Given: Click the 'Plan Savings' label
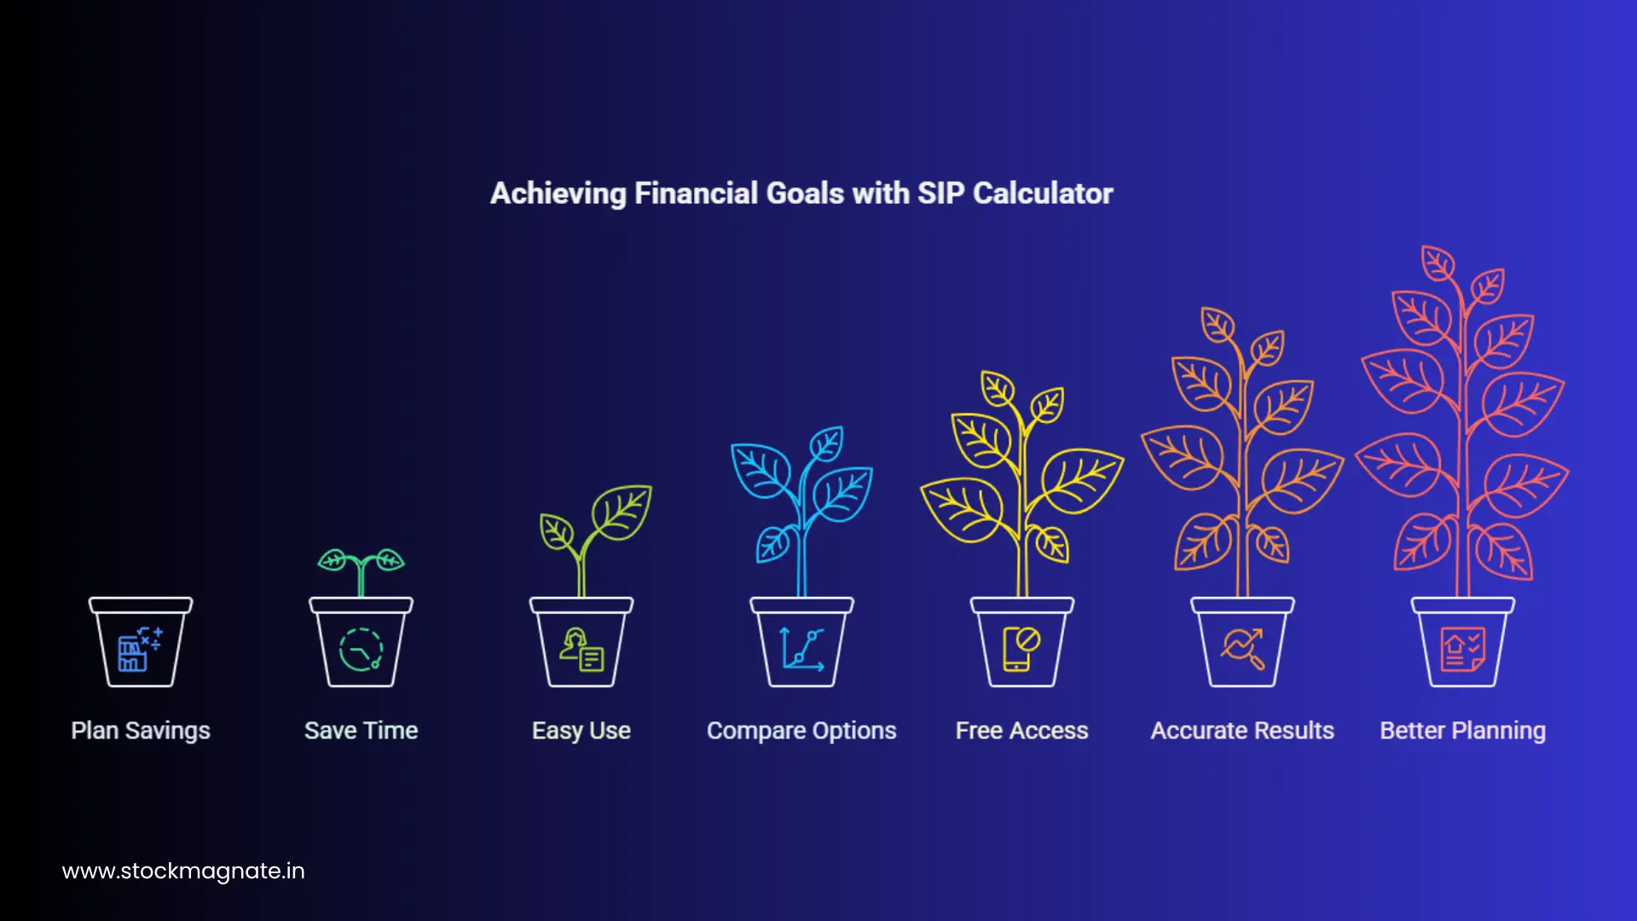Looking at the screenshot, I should pos(141,731).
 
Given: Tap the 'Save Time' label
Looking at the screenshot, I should pos(361,731).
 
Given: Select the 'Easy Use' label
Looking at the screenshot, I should pos(581,731).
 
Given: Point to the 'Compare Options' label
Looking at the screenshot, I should pos(801,731).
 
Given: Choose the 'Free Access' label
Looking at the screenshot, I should pos(1021,731).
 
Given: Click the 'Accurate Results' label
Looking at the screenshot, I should pos(1242,731).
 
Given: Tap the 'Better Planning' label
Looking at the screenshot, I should pos(1462,731).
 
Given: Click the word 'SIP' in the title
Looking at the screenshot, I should pos(940,194).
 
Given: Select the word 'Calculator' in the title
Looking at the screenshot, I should pos(1043,194).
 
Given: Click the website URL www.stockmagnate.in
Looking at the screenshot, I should pos(183,871).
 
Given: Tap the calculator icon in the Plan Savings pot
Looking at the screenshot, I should pos(139,651).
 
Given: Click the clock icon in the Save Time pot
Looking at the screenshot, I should pos(361,651).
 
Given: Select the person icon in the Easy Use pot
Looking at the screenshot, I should pos(581,651).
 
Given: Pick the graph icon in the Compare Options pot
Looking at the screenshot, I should pos(801,651).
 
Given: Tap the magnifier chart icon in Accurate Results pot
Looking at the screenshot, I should pos(1242,650).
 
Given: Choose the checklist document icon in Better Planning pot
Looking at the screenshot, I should pos(1462,650).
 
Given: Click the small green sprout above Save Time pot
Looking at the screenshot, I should pos(361,567).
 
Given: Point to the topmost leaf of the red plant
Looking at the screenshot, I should pos(1438,263).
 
